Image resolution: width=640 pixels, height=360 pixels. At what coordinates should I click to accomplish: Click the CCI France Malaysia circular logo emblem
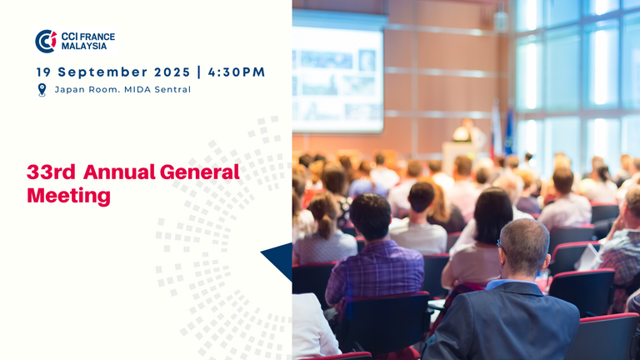pos(46,41)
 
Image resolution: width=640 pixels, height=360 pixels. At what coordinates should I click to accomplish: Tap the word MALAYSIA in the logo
pos(84,46)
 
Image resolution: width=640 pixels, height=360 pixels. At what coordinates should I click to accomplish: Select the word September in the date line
pos(102,72)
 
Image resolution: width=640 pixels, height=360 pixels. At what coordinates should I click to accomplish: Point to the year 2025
pos(172,72)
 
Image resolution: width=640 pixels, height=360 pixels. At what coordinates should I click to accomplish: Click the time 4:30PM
pos(237,72)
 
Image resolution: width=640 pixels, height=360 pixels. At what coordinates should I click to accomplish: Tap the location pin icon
pos(42,90)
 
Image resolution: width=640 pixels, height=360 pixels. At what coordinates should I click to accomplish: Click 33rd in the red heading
pos(51,172)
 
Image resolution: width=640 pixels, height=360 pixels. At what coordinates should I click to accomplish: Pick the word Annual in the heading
pos(119,172)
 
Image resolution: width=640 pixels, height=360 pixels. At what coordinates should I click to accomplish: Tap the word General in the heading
pos(199,172)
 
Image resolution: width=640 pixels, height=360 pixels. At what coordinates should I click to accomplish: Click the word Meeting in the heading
pos(68,196)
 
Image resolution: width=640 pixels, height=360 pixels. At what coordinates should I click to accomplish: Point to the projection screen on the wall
pos(338,80)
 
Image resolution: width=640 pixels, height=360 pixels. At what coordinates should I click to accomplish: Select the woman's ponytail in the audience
pos(325,223)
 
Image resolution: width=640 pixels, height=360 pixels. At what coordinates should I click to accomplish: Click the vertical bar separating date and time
pos(199,72)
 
